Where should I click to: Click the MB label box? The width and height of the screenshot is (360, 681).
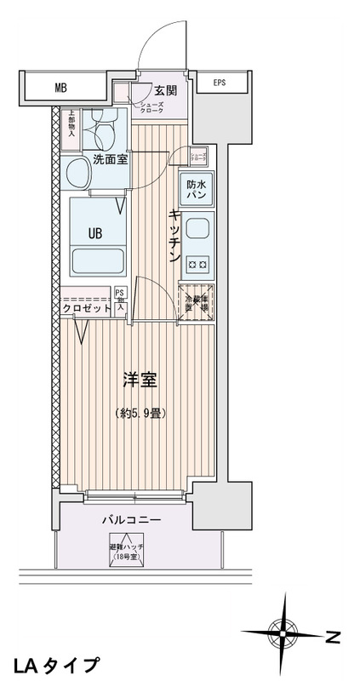(60, 86)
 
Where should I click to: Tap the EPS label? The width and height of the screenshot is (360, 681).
(220, 83)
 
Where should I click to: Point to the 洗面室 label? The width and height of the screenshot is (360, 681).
(111, 158)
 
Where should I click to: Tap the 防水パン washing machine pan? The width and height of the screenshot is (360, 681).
(197, 189)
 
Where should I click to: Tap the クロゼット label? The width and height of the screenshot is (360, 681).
(87, 309)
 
